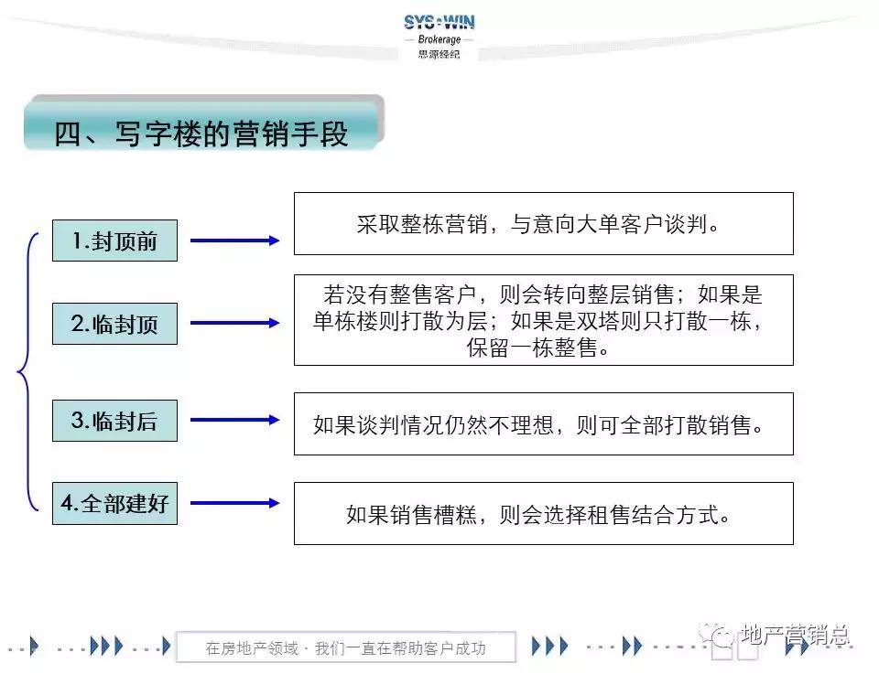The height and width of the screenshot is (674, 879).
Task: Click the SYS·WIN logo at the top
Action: [439, 22]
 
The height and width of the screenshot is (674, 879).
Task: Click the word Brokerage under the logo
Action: [439, 39]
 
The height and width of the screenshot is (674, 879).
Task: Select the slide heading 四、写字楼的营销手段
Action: [201, 134]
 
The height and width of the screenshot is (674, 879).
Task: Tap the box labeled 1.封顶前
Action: [114, 241]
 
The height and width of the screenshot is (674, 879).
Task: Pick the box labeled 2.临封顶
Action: [114, 323]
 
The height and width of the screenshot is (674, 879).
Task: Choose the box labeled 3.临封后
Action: [114, 420]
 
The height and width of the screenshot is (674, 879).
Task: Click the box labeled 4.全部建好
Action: [114, 503]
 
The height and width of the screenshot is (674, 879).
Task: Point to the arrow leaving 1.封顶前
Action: [234, 241]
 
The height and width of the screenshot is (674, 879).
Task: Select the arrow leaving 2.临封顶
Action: [234, 323]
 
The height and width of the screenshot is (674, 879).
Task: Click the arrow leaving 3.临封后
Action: [234, 420]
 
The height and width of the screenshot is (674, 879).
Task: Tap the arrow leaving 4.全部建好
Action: [234, 503]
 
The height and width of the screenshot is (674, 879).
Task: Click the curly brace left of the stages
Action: [27, 371]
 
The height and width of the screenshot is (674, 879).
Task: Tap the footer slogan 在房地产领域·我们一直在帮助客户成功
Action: [345, 648]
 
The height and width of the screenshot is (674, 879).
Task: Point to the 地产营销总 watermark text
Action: [795, 634]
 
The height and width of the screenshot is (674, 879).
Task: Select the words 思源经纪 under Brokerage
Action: [439, 54]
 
